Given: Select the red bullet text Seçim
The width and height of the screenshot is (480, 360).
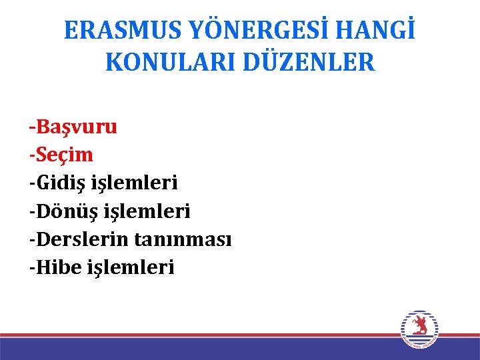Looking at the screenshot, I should (x=65, y=155).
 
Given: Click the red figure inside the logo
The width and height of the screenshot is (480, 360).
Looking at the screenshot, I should (x=419, y=326).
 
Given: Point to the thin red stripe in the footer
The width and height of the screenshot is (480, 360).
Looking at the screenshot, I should (x=200, y=335).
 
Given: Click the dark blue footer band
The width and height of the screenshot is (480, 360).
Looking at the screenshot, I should (x=200, y=349).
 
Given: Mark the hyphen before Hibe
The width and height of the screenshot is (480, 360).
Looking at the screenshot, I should (x=32, y=269).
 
